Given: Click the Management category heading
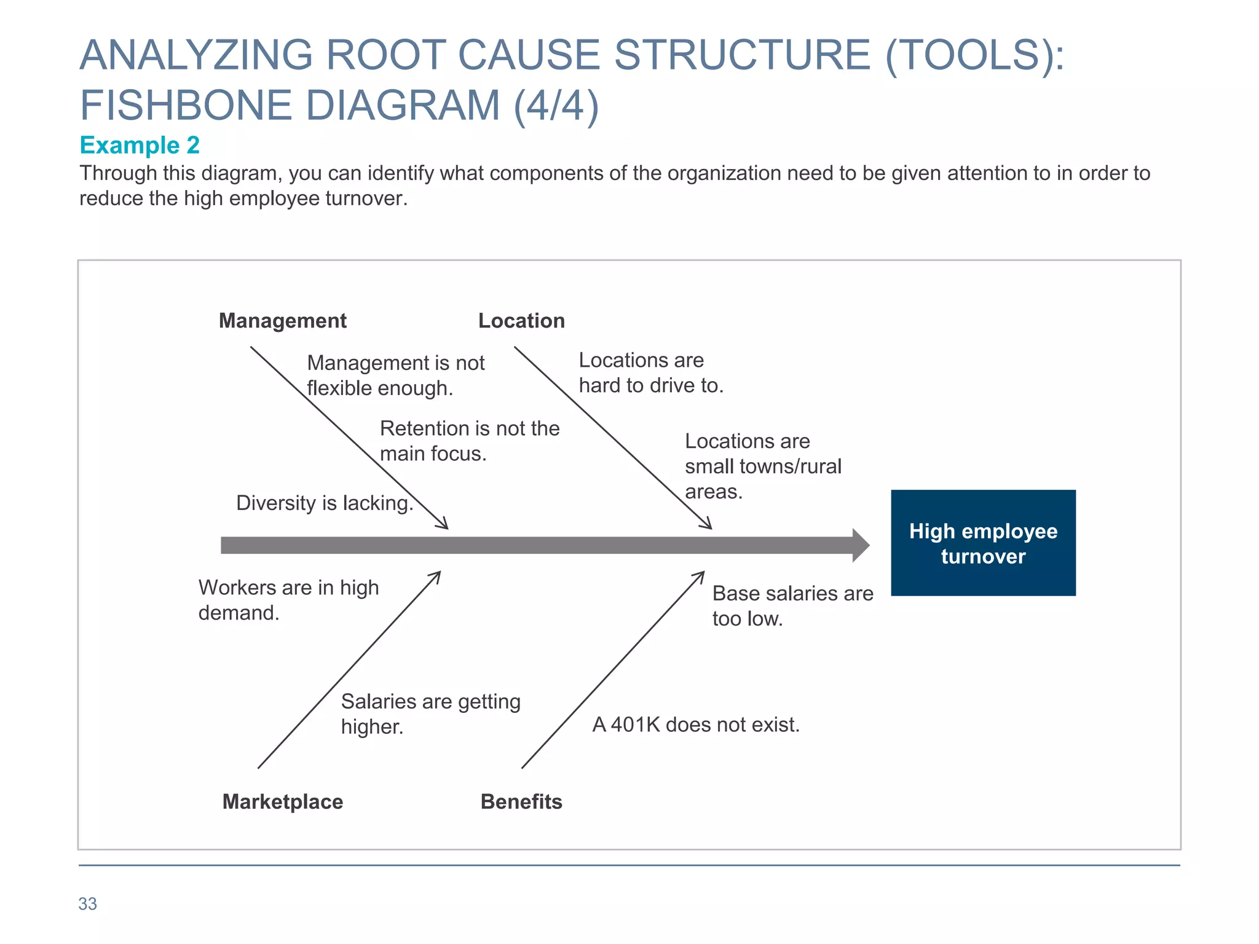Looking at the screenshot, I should [x=282, y=321].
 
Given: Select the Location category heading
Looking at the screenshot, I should [x=521, y=321].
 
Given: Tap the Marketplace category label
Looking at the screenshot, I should [x=282, y=801].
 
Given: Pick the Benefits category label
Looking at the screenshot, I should [x=521, y=801].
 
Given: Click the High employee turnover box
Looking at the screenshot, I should [x=983, y=543].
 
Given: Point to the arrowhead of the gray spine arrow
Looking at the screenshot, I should [x=861, y=545].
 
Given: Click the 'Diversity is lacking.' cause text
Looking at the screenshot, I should [x=324, y=503].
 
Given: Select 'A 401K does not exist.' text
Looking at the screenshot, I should [x=696, y=725].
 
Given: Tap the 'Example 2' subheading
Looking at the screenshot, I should [x=140, y=145].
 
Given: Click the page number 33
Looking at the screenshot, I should [x=87, y=903].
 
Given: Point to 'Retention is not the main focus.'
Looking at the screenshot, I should [x=469, y=441].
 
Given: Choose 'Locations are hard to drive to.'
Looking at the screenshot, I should [x=650, y=372].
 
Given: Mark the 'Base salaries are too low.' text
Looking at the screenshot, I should [x=792, y=606].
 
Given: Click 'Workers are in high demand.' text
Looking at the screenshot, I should [x=288, y=600].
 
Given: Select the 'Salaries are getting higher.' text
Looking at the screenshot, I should [x=430, y=714].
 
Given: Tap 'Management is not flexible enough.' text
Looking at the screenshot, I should [x=395, y=376].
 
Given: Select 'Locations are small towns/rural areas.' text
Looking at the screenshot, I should [x=762, y=466].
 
